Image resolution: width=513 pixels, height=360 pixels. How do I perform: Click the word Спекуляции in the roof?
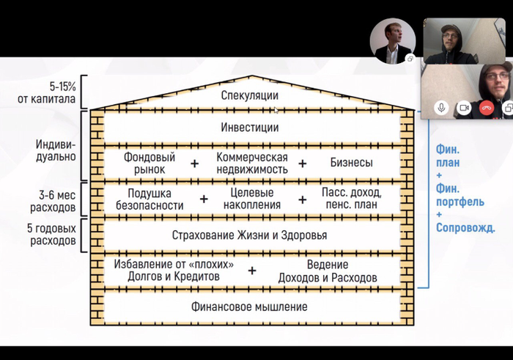[x=250, y=95]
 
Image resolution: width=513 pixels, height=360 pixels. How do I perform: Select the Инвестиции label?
[x=250, y=128]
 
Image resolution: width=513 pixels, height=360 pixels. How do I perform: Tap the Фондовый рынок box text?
[x=150, y=164]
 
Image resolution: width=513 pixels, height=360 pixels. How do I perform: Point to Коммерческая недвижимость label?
[x=252, y=164]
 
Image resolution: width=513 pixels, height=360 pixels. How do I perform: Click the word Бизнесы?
[x=351, y=162]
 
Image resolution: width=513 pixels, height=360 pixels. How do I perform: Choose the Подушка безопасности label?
[x=150, y=199]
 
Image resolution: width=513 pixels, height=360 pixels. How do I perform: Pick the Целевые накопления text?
[x=252, y=199]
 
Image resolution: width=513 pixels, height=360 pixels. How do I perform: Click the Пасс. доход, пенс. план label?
[x=352, y=198]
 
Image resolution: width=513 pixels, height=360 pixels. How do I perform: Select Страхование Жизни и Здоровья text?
[x=249, y=235]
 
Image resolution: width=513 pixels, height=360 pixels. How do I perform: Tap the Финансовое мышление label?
[x=249, y=307]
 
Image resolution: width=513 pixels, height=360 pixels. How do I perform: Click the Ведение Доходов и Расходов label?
[x=328, y=271]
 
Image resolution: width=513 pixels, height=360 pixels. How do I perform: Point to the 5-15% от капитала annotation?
[x=47, y=92]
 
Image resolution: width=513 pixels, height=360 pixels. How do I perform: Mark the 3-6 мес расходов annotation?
[x=53, y=202]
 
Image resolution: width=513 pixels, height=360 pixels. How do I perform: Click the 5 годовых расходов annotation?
[x=52, y=235]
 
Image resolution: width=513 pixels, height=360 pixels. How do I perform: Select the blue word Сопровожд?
[x=465, y=228]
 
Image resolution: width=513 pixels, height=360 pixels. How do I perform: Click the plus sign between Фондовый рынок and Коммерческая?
[x=195, y=164]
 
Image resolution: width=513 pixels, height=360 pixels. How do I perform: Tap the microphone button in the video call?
[x=441, y=108]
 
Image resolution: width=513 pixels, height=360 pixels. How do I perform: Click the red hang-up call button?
[x=486, y=108]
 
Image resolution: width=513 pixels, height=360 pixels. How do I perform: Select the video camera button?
[x=464, y=108]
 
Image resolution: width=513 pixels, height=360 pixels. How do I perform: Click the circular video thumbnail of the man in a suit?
[x=393, y=41]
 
